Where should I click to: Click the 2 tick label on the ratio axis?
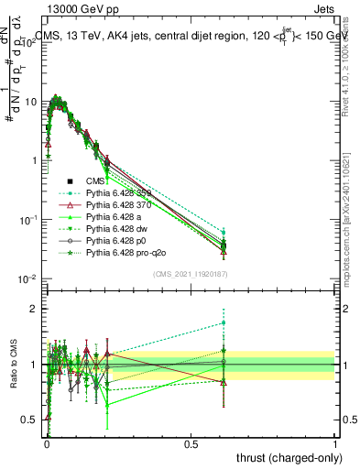coord(33,310)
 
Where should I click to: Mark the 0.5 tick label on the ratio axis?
coord(29,420)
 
